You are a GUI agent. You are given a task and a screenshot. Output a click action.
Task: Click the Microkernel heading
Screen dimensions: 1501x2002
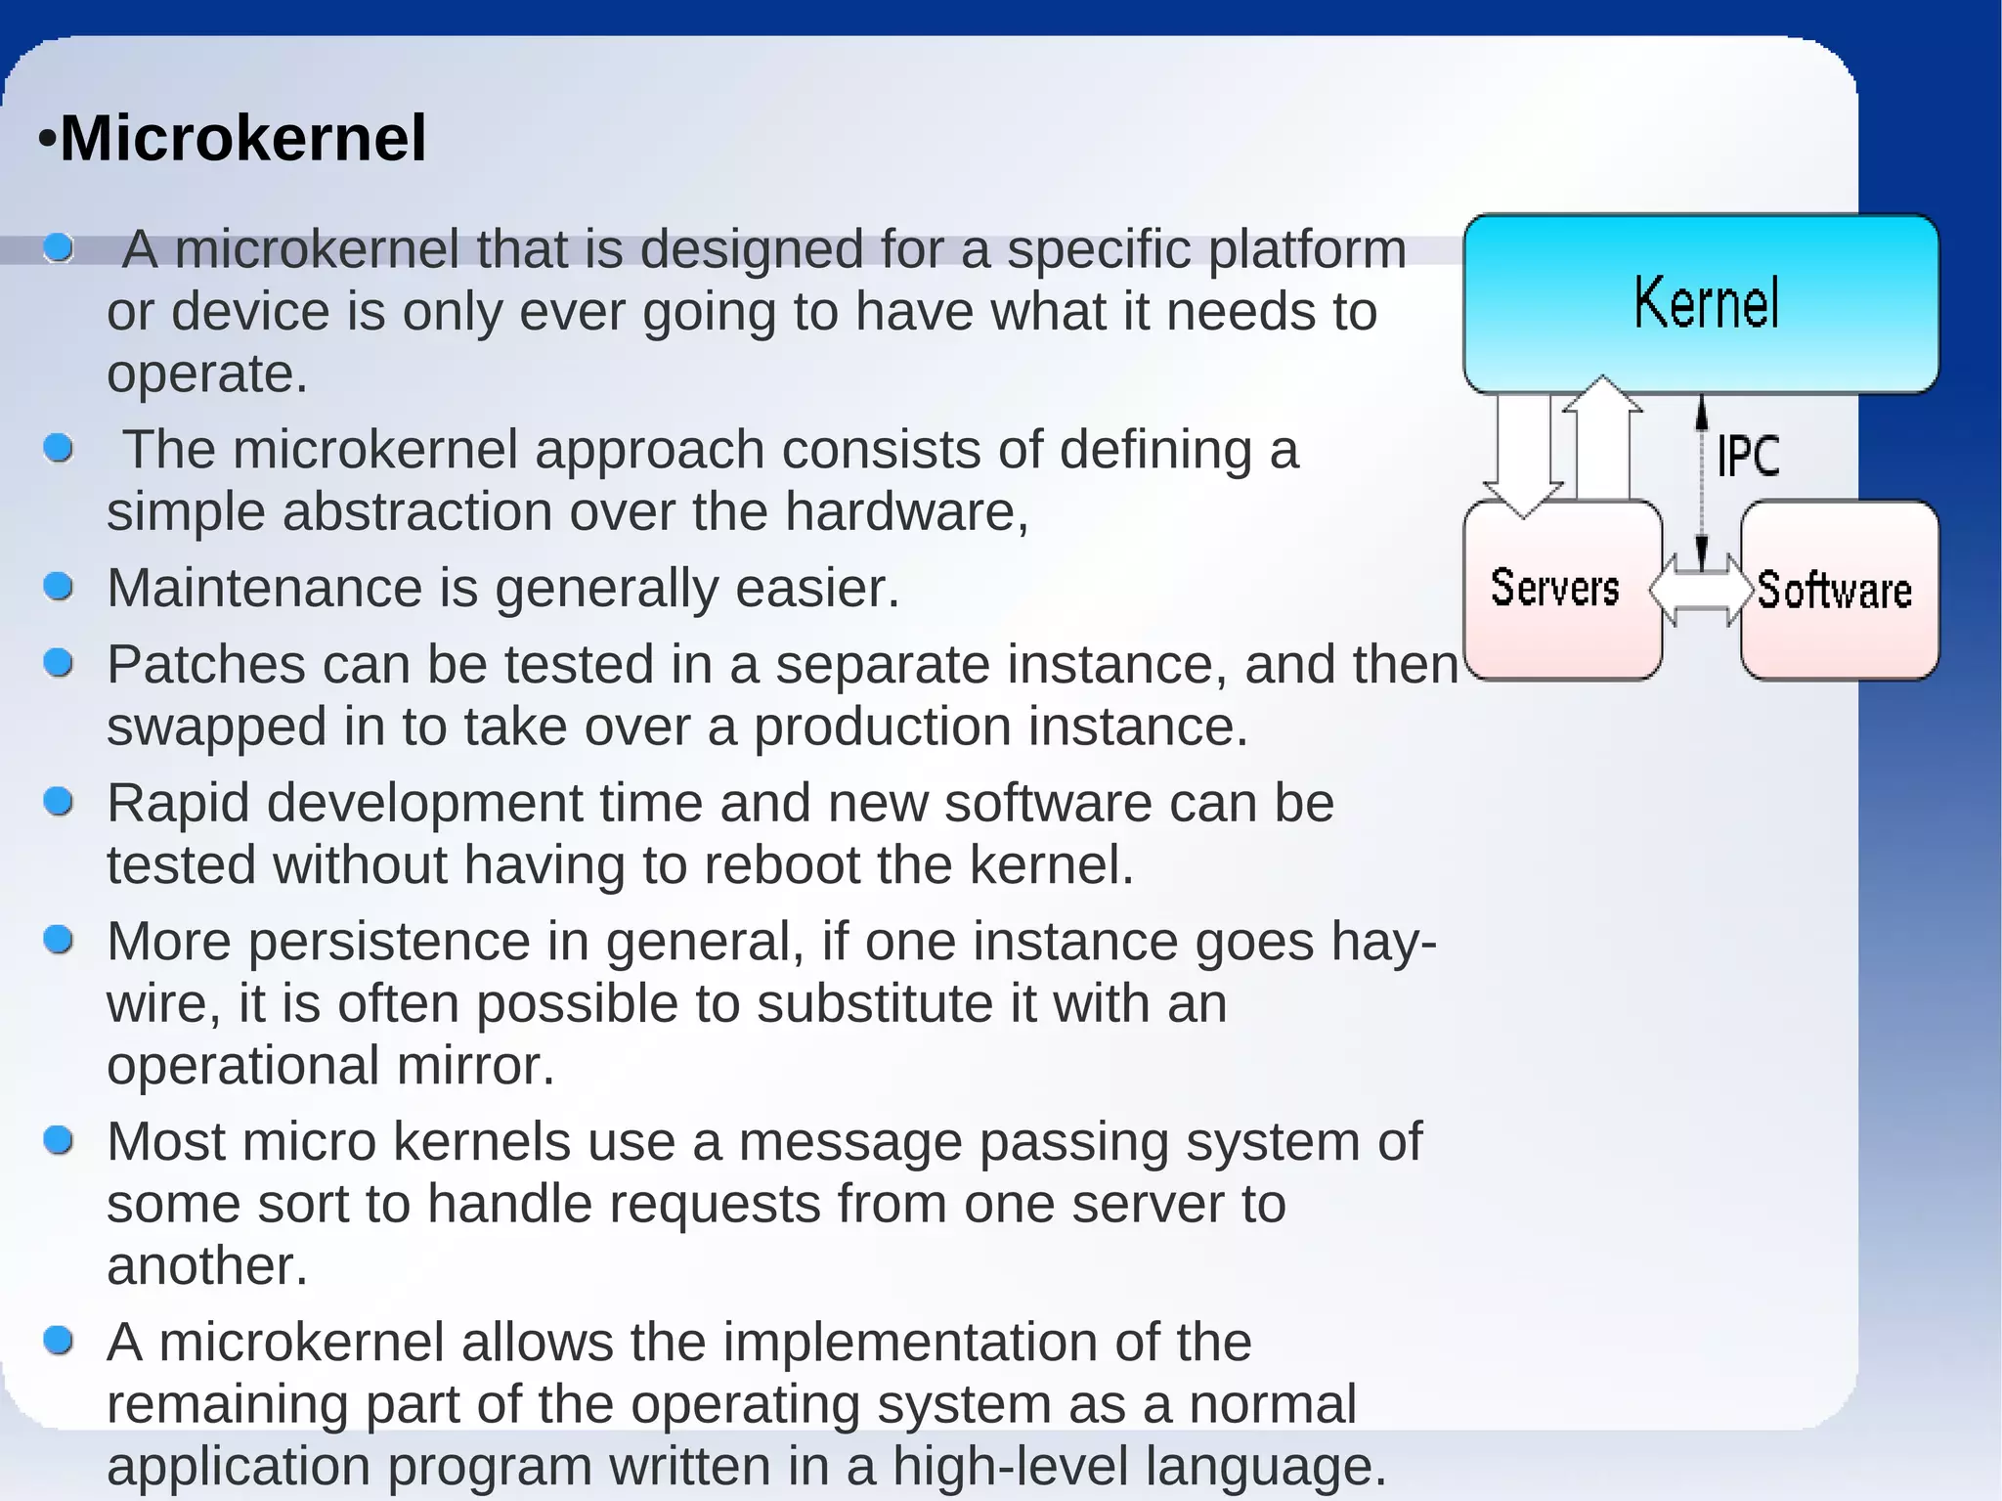point(242,138)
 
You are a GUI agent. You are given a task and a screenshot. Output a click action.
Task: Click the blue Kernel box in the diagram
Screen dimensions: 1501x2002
point(1701,303)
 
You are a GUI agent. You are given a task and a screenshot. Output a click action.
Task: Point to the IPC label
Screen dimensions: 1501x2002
point(1749,456)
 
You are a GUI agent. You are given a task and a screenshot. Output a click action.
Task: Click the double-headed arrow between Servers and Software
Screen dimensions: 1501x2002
point(1702,590)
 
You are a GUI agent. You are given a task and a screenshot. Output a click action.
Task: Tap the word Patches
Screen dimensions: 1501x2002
point(205,665)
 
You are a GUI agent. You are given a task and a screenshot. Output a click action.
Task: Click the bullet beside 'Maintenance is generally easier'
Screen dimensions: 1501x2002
point(59,587)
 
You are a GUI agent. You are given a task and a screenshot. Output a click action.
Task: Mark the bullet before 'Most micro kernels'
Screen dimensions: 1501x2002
point(59,1140)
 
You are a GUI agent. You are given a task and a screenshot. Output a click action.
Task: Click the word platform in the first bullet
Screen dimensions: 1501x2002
point(1307,250)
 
